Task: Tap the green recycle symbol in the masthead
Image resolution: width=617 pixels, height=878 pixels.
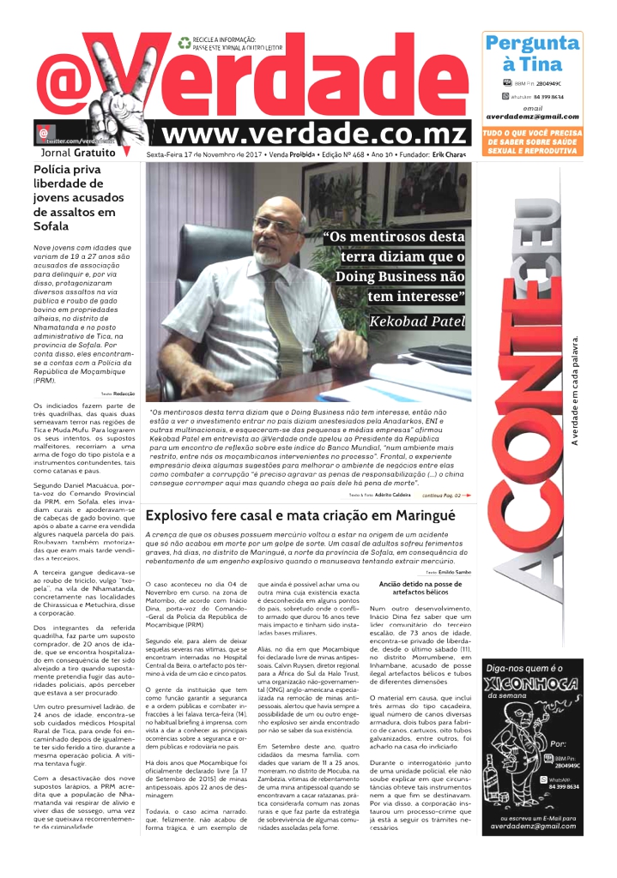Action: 184,41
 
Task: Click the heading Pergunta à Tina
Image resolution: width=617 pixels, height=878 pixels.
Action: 532,53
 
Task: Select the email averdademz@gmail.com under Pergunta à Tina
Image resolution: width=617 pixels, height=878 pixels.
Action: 532,117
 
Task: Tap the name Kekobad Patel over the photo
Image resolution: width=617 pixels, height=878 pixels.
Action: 416,322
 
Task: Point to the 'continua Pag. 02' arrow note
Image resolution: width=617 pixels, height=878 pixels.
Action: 446,495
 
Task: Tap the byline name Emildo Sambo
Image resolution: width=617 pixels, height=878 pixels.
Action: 453,570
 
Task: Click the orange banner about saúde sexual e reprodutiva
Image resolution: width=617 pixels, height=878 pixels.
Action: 532,141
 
